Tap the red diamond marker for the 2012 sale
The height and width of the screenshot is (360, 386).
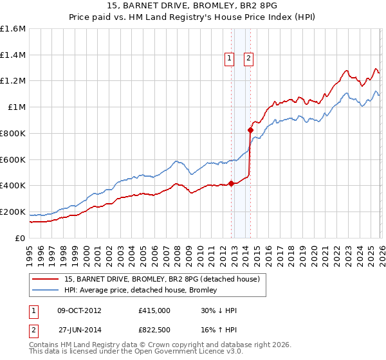coord(231,183)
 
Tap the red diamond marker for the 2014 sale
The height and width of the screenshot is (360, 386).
coord(250,130)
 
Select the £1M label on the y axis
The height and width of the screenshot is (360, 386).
coord(17,107)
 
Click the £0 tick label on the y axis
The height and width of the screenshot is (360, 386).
coord(21,238)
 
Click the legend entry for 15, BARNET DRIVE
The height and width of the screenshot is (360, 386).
coord(161,279)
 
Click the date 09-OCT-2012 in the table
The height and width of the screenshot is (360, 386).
coord(79,310)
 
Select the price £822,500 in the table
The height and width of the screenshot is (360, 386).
coord(154,330)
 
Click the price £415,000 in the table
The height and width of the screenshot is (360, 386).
coord(154,310)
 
